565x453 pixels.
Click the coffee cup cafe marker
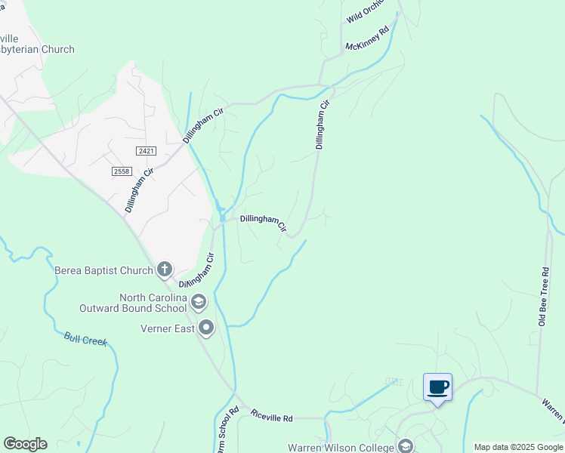pyautogui.click(x=438, y=387)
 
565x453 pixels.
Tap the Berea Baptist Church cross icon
pyautogui.click(x=165, y=269)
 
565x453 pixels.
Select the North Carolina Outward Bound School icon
pyautogui.click(x=199, y=302)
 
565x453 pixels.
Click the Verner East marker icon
pyautogui.click(x=206, y=328)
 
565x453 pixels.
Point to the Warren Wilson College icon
pyautogui.click(x=406, y=447)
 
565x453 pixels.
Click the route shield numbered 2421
pyautogui.click(x=146, y=151)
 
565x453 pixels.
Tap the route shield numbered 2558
pyautogui.click(x=121, y=171)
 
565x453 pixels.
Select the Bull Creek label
pyautogui.click(x=85, y=340)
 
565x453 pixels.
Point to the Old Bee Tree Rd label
pyautogui.click(x=542, y=297)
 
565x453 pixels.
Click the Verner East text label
pyautogui.click(x=166, y=328)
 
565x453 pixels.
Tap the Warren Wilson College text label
pyautogui.click(x=341, y=447)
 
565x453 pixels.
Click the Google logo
pyautogui.click(x=25, y=444)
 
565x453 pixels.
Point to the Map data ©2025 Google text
pyautogui.click(x=518, y=447)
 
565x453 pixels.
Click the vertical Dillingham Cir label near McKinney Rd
pyautogui.click(x=322, y=125)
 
